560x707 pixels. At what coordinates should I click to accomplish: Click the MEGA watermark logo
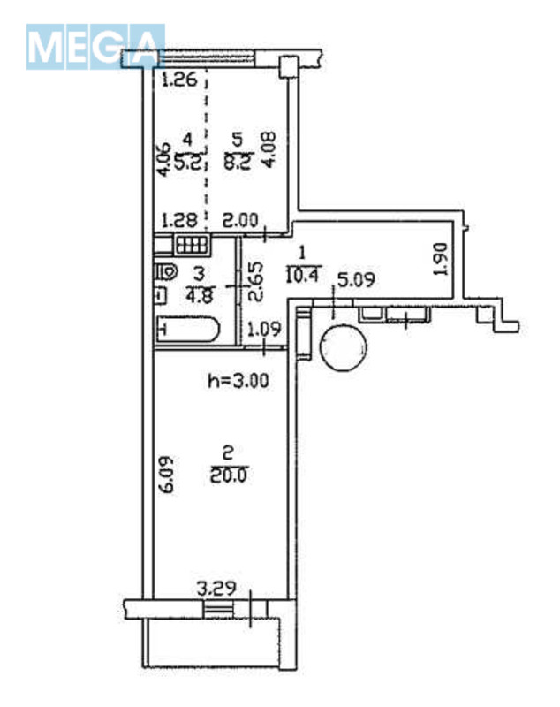point(95,47)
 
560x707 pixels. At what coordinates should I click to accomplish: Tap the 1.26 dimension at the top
point(179,80)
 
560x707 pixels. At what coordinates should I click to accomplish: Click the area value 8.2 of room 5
point(238,161)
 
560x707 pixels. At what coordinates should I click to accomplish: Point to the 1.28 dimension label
point(179,220)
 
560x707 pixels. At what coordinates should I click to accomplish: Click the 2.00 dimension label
point(240,220)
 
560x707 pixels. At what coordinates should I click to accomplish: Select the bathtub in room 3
point(187,330)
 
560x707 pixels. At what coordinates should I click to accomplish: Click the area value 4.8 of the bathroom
point(199,296)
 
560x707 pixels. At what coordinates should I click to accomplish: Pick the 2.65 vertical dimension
point(255,283)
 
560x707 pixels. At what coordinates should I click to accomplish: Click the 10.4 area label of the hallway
point(302,274)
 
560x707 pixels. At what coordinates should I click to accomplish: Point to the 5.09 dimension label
point(356,280)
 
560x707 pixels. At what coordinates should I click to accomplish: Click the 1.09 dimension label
point(264,329)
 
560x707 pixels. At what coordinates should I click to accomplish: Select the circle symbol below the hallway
point(343,347)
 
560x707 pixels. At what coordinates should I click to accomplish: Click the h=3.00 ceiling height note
point(238,381)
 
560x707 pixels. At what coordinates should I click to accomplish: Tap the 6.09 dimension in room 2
point(167,475)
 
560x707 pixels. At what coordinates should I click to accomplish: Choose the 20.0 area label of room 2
point(229,475)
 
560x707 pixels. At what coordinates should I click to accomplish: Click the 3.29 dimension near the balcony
point(216,589)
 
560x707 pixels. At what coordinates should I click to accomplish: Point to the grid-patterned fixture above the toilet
point(193,246)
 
